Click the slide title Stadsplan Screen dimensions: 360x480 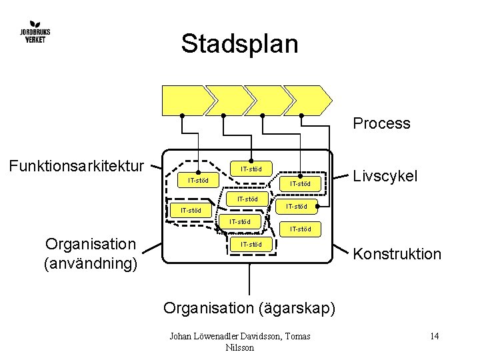[x=239, y=44]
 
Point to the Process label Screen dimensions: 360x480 [x=381, y=123]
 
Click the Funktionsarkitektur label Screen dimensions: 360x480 [x=77, y=165]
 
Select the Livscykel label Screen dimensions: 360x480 [x=385, y=176]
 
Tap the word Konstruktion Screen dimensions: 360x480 [x=397, y=254]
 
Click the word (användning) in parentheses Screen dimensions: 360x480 [x=90, y=264]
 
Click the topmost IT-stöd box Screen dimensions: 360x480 [x=250, y=169]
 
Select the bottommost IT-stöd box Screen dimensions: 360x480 [x=250, y=245]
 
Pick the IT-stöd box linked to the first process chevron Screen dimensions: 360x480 [x=198, y=180]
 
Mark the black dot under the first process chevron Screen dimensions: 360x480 [x=183, y=115]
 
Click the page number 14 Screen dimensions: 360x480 [x=434, y=336]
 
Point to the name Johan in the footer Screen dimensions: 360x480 [x=183, y=336]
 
